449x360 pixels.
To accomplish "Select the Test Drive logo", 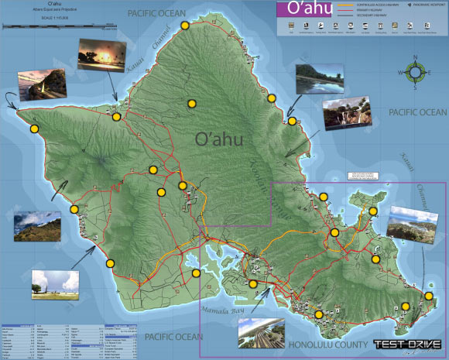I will click(x=407, y=345).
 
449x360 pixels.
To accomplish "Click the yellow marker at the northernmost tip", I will click(x=185, y=26).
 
